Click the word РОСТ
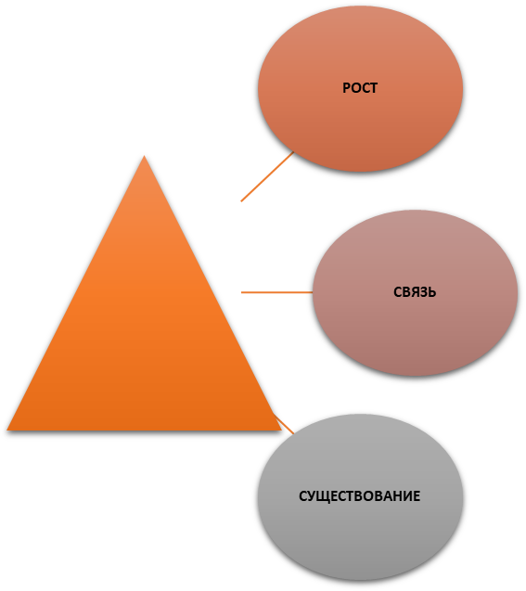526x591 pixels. [360, 88]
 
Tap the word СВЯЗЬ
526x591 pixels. [415, 292]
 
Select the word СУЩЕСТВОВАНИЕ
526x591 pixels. [359, 496]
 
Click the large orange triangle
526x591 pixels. [144, 320]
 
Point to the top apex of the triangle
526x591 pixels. [144, 156]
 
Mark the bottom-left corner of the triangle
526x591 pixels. [7, 430]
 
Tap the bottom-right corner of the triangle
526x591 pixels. [281, 430]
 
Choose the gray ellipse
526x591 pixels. [360, 496]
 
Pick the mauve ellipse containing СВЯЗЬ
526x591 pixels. [415, 292]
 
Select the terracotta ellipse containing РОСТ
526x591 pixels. [360, 88]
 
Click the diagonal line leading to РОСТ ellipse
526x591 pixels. [267, 176]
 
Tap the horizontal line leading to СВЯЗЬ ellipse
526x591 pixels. [277, 292]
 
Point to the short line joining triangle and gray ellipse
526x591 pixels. [284, 424]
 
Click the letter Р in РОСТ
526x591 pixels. [346, 88]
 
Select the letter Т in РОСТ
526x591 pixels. [373, 88]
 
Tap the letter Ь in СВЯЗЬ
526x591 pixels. [432, 292]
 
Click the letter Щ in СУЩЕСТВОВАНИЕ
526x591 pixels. [322, 496]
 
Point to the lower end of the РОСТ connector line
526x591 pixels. [241, 201]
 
